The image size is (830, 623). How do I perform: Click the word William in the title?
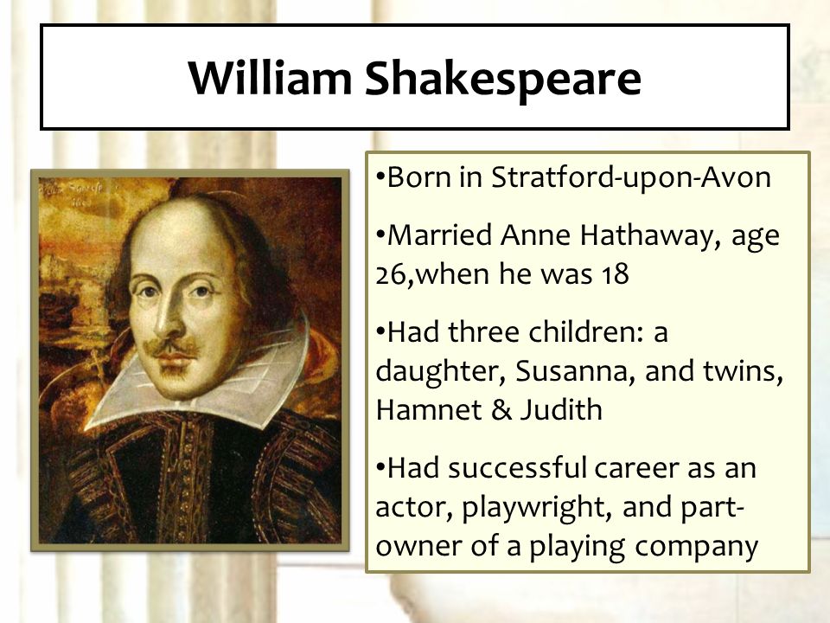point(270,78)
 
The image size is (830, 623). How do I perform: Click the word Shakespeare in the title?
point(503,79)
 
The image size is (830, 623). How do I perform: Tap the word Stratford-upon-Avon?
point(631,178)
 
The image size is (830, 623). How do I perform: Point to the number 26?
point(391,274)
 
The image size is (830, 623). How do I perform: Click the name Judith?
point(561,409)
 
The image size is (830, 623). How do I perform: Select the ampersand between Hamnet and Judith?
point(501,410)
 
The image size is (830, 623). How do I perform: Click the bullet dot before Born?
point(380,176)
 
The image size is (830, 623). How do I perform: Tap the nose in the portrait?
point(169,318)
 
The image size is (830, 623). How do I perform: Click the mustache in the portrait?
point(172,348)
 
